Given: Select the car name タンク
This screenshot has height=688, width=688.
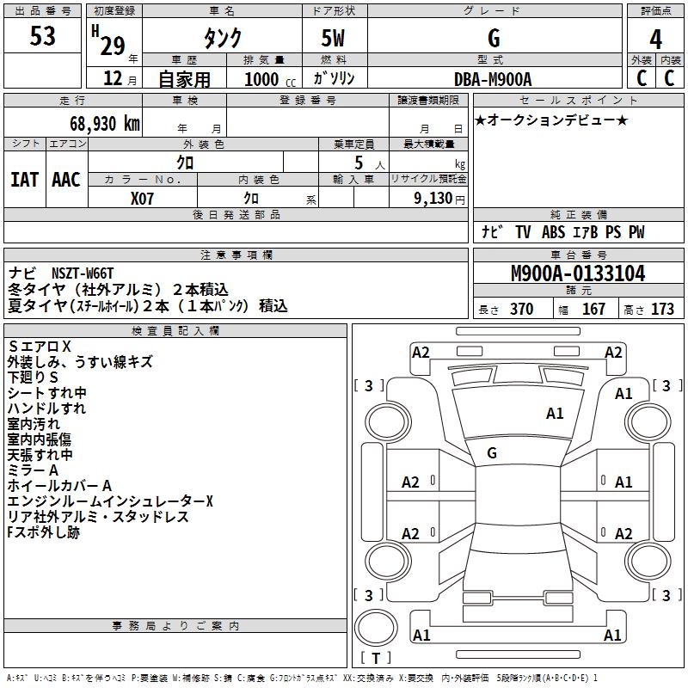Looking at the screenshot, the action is (222, 38).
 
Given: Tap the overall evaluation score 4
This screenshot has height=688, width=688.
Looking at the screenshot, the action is (656, 39).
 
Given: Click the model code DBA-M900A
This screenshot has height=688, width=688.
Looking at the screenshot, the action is (493, 79).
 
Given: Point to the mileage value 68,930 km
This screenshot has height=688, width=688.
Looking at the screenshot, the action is (100, 124).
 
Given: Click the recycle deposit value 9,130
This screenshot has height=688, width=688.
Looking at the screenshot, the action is (439, 198).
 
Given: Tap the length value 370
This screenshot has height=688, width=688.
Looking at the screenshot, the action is (521, 310).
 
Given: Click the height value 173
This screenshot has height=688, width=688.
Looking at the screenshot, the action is (662, 310).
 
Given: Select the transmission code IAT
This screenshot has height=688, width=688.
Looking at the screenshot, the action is (24, 180).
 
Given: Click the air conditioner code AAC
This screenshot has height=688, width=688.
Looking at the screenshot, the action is (66, 180).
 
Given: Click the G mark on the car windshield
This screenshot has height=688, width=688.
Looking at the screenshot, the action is (492, 452).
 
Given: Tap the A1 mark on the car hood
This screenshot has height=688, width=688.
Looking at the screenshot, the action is (555, 414).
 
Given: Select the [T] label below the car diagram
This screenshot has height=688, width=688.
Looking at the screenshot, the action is (375, 658).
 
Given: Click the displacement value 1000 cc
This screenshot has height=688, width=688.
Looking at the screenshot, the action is (269, 79).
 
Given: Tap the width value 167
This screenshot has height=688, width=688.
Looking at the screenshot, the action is (593, 310).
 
